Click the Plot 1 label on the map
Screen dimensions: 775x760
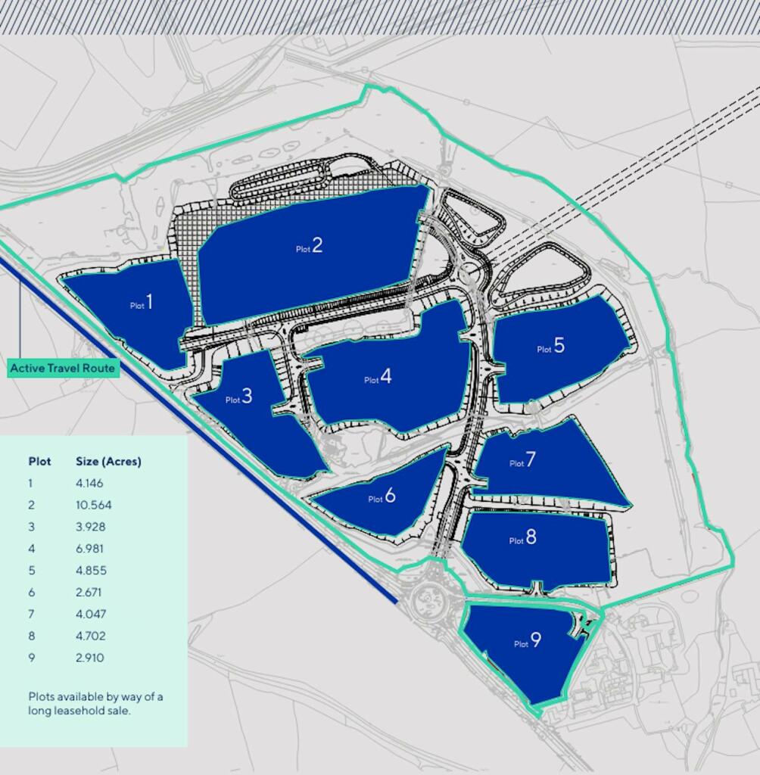[x=142, y=303]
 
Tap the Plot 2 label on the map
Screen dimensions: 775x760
[x=309, y=246]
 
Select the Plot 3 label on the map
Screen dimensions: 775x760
[x=238, y=397]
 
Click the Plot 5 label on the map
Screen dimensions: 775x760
[x=551, y=347]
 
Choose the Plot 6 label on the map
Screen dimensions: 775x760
[x=382, y=496]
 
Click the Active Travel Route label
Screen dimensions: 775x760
[x=63, y=369]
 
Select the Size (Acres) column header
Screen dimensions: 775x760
[x=108, y=462]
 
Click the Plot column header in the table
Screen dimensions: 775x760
[x=39, y=462]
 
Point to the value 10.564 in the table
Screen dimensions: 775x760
[x=93, y=505]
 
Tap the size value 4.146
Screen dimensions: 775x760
[x=89, y=483]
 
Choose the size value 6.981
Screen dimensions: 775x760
[x=89, y=549]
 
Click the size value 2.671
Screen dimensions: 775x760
[x=89, y=592]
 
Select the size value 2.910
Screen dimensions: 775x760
[x=89, y=658]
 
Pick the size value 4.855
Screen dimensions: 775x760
[x=90, y=571]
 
